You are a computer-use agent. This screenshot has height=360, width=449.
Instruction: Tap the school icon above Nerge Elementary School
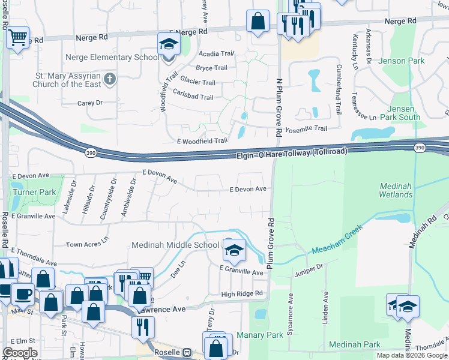(169, 44)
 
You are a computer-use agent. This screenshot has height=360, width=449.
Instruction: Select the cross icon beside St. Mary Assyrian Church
(109, 79)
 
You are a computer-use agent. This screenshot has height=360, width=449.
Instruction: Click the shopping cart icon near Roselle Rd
(17, 38)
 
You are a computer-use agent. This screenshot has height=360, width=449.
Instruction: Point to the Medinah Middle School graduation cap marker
(234, 250)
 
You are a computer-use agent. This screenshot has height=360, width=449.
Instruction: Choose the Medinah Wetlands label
(396, 190)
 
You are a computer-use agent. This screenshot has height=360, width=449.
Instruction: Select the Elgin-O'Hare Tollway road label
(291, 154)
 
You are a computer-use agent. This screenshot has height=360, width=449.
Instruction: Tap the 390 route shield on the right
(420, 147)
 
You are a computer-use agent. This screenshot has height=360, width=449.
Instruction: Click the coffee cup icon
(23, 294)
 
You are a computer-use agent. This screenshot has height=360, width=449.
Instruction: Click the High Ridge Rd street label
(242, 293)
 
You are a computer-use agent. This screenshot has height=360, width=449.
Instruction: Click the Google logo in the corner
(20, 352)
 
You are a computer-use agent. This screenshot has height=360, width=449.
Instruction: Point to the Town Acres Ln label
(87, 245)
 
